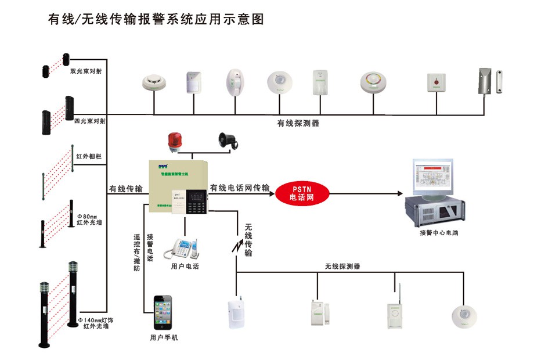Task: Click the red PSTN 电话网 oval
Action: pyautogui.click(x=302, y=193)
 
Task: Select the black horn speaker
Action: pyautogui.click(x=227, y=140)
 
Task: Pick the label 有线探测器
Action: pyautogui.click(x=298, y=124)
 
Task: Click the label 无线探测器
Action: pyautogui.click(x=342, y=267)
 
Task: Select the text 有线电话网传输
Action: pyautogui.click(x=240, y=188)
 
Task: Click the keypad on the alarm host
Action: pyautogui.click(x=195, y=204)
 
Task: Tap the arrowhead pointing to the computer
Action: pyautogui.click(x=400, y=194)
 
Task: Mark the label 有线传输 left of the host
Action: pyautogui.click(x=125, y=189)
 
